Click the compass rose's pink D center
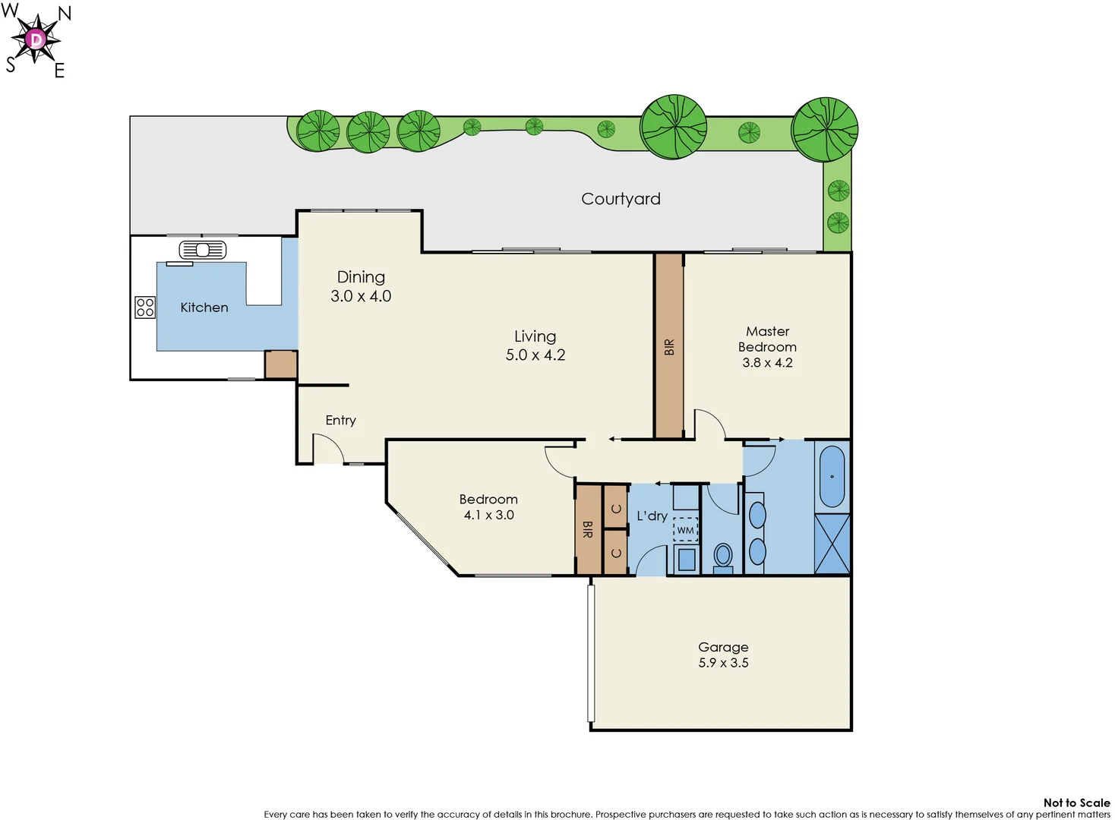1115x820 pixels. click(36, 39)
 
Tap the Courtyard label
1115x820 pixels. click(621, 199)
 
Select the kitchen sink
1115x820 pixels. click(203, 250)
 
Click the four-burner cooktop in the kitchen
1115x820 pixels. click(145, 307)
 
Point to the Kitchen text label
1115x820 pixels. click(204, 307)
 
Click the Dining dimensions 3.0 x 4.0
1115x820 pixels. click(361, 297)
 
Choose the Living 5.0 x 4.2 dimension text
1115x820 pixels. click(535, 355)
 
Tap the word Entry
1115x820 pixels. click(340, 421)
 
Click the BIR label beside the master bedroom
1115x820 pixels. click(669, 347)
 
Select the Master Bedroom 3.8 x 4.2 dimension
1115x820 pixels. click(767, 363)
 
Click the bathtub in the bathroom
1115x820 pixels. click(832, 477)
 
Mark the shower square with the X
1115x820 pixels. click(832, 544)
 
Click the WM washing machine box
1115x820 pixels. click(685, 530)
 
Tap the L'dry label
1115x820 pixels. click(652, 516)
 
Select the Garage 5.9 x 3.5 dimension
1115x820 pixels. click(723, 663)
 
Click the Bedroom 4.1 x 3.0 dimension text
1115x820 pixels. click(488, 516)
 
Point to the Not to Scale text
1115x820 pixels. click(1076, 803)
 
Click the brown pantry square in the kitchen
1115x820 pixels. click(280, 364)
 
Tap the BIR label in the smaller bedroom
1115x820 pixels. click(587, 529)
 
